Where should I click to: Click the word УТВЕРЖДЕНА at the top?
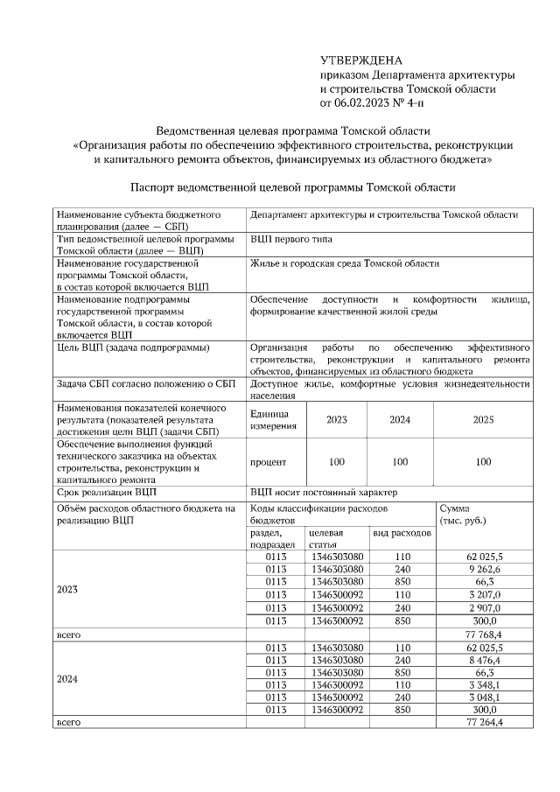pyautogui.click(x=360, y=60)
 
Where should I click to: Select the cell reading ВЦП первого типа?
pyautogui.click(x=290, y=239)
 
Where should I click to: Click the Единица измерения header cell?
pyautogui.click(x=275, y=419)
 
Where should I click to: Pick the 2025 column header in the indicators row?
pyautogui.click(x=483, y=419)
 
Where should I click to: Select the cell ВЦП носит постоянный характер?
pyautogui.click(x=323, y=492)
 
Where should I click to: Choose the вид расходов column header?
pyautogui.click(x=402, y=533)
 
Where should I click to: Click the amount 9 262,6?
pyautogui.click(x=484, y=568)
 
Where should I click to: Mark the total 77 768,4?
pyautogui.click(x=484, y=634)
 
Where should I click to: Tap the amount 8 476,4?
pyautogui.click(x=484, y=660)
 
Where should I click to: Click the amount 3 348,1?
pyautogui.click(x=484, y=685)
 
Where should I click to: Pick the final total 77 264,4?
pyautogui.click(x=484, y=723)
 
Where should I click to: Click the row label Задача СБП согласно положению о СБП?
pyautogui.click(x=145, y=383)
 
